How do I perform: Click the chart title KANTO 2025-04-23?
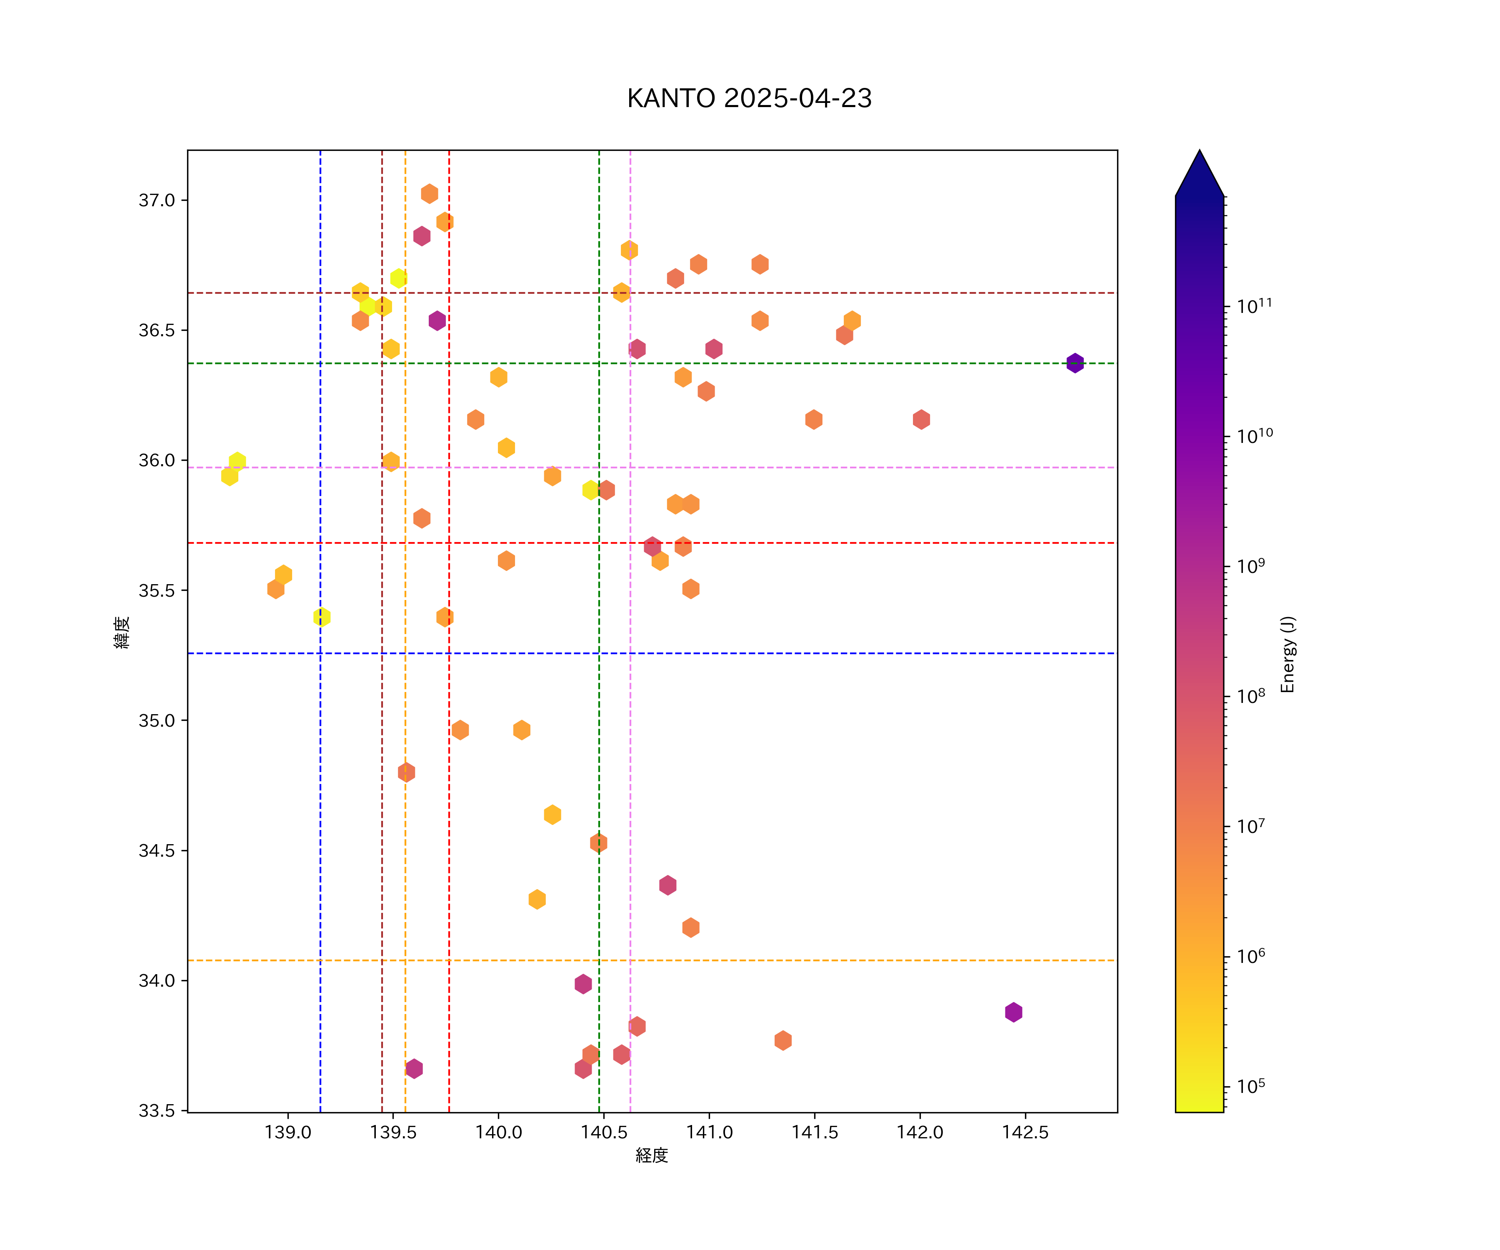pyautogui.click(x=749, y=99)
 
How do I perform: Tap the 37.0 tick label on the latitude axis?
pyautogui.click(x=157, y=200)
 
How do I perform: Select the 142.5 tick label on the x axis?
pyautogui.click(x=1025, y=1132)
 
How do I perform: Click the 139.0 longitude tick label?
pyautogui.click(x=288, y=1132)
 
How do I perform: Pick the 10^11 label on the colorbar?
pyautogui.click(x=1254, y=306)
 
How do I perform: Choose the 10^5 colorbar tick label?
pyautogui.click(x=1251, y=1086)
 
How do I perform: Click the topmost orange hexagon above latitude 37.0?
pyautogui.click(x=429, y=194)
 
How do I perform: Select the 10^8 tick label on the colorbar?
pyautogui.click(x=1251, y=696)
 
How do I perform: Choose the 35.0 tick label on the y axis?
pyautogui.click(x=157, y=720)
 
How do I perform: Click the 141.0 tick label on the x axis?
pyautogui.click(x=709, y=1132)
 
